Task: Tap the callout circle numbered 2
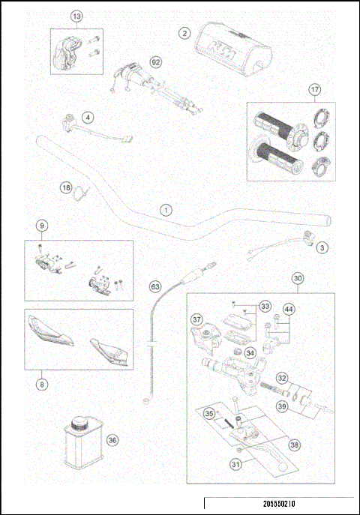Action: [x=184, y=33]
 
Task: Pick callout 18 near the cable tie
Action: [x=66, y=187]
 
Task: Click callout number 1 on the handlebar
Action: [x=166, y=211]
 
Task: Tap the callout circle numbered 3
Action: [x=322, y=247]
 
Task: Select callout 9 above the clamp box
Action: [x=42, y=226]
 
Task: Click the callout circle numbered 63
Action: [x=155, y=286]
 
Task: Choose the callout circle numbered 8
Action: [x=42, y=385]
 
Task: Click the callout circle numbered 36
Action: [x=112, y=440]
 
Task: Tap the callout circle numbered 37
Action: [x=197, y=320]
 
